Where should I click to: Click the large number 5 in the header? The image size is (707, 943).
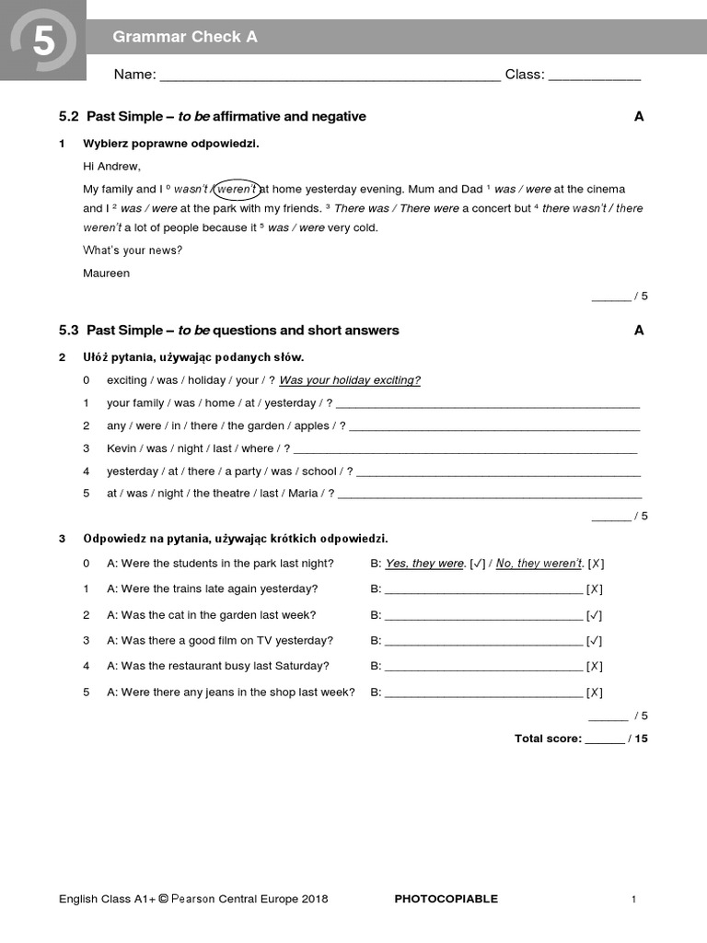(x=42, y=41)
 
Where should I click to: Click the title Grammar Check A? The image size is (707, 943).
(x=184, y=37)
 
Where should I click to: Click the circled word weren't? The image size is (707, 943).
(x=237, y=189)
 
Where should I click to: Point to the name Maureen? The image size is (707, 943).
(x=106, y=274)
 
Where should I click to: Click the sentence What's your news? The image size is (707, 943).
(x=133, y=250)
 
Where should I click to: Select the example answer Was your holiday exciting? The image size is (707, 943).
(x=350, y=380)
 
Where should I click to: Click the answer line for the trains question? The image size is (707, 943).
(x=483, y=589)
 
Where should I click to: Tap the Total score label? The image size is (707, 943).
(x=548, y=739)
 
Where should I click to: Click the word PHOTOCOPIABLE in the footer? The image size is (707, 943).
(x=446, y=899)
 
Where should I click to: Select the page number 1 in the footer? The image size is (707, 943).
(x=634, y=900)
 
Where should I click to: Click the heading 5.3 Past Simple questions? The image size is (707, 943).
(x=229, y=331)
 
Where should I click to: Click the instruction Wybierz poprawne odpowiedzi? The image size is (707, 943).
(x=171, y=144)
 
